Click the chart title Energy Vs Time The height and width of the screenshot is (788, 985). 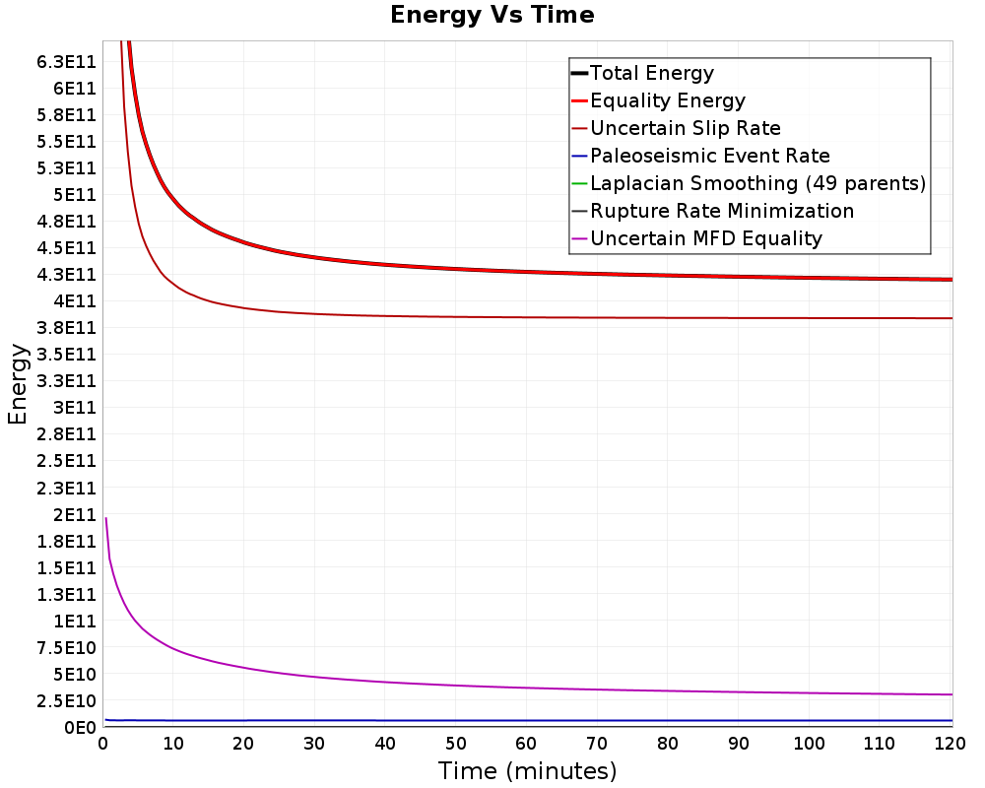click(x=492, y=15)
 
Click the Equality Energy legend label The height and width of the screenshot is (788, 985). click(x=668, y=100)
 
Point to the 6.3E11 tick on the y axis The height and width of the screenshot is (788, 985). click(x=67, y=62)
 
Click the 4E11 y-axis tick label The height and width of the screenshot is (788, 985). click(x=75, y=301)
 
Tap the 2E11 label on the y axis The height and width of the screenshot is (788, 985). click(x=75, y=515)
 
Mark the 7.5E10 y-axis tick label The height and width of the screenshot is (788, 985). click(x=67, y=648)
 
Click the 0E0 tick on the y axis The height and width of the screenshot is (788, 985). click(x=81, y=728)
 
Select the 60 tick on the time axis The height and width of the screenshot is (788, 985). click(x=526, y=744)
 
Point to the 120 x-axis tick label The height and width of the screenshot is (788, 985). click(x=950, y=744)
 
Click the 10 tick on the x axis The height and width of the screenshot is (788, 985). click(x=173, y=744)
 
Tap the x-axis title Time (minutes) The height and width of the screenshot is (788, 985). click(x=527, y=771)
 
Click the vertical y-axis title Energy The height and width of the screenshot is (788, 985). click(x=18, y=384)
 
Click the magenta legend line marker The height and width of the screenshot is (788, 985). click(x=579, y=238)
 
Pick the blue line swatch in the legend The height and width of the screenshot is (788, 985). click(x=579, y=156)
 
